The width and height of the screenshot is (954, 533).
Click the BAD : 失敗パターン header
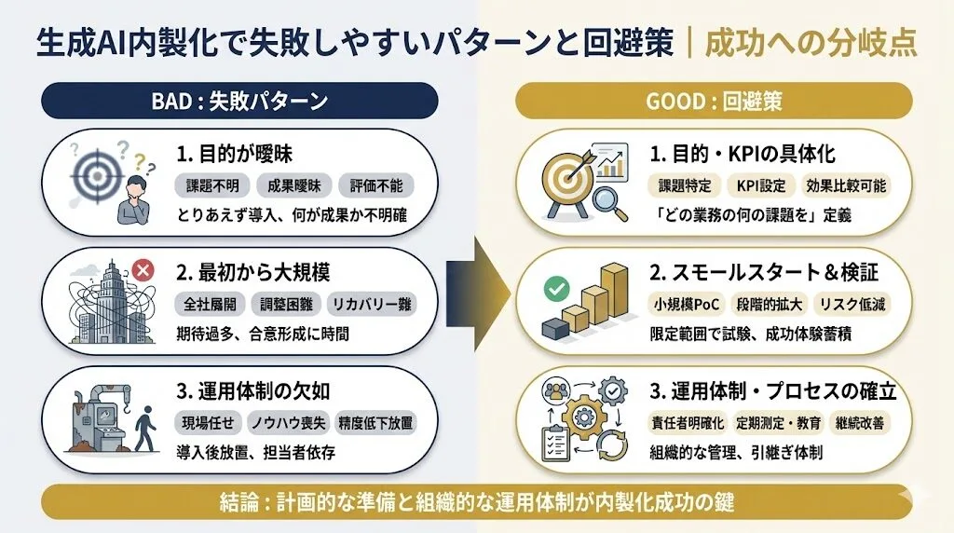[239, 100]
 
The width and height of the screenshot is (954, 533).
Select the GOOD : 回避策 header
[715, 100]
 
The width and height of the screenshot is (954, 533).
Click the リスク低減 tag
[853, 304]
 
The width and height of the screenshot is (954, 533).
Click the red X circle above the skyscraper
[143, 270]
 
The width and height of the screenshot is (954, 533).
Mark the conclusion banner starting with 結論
[477, 502]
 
